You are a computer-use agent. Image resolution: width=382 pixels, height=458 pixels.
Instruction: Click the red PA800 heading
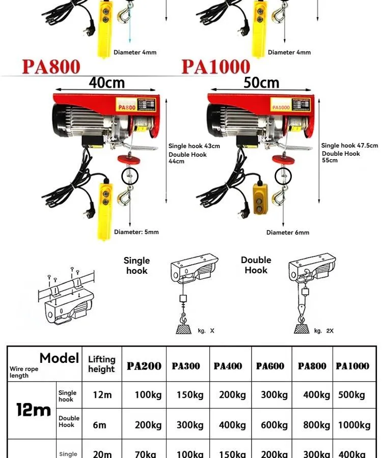pos(51,67)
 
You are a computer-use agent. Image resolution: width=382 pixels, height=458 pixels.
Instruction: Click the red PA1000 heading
pos(216,67)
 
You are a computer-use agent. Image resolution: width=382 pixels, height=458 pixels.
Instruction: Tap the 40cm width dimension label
pos(106,82)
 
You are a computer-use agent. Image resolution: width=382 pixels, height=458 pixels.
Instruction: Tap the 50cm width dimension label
pos(261,82)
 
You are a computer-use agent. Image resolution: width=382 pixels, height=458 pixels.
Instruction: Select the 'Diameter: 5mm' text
pos(137,232)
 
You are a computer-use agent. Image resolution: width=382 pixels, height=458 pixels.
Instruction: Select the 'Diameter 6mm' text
pos(288,233)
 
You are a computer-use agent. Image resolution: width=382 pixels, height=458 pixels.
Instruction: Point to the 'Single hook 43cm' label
pos(194,147)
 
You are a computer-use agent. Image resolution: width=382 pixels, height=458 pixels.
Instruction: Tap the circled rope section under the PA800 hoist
pos(129,176)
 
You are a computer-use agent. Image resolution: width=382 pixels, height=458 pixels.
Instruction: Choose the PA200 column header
pos(144,366)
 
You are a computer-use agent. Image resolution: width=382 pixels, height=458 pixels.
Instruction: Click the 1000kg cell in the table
pos(354,425)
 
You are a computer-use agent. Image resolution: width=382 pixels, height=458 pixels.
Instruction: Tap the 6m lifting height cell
pos(100,425)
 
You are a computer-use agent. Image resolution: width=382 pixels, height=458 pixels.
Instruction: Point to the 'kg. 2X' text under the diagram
pos(324,331)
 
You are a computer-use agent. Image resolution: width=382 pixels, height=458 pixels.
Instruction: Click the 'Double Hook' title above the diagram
pos(256,265)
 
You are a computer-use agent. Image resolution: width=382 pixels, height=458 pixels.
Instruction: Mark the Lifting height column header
pos(101,364)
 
